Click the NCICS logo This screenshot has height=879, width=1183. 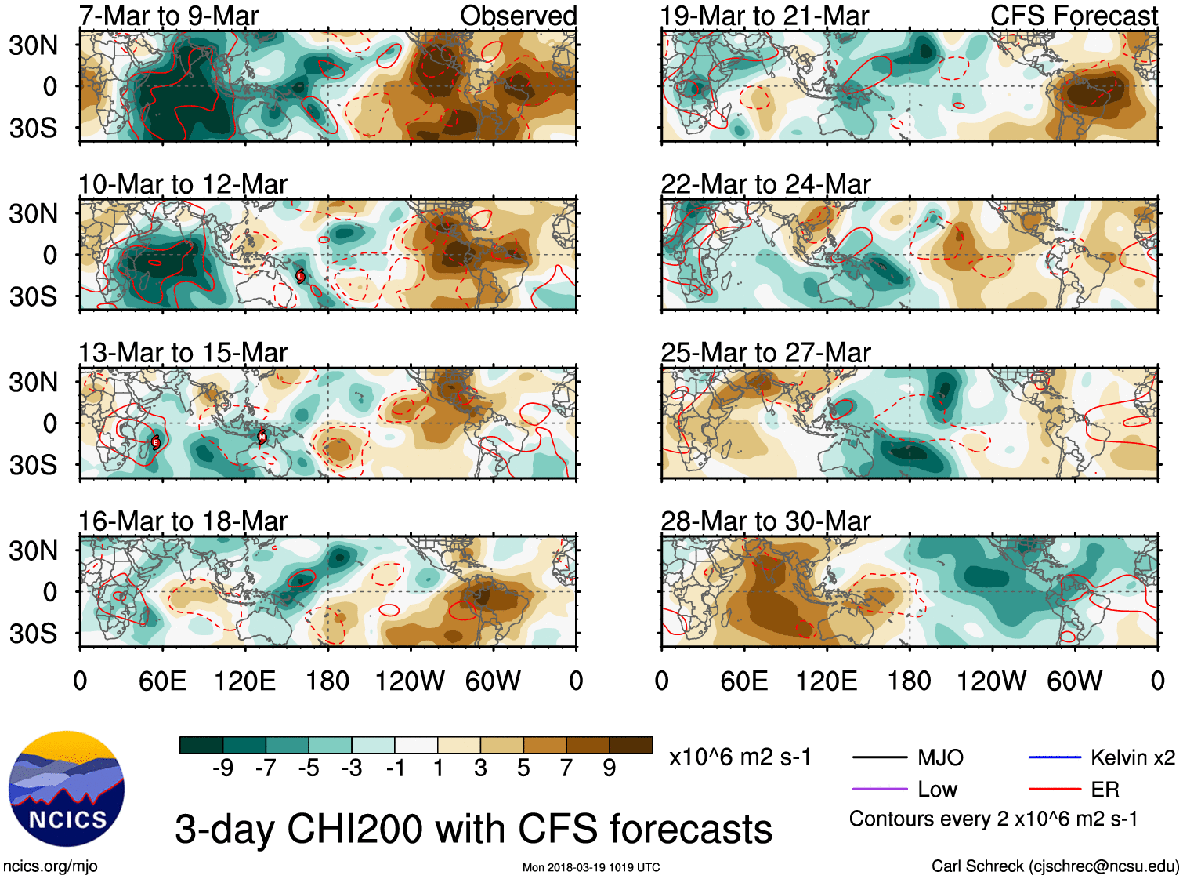(67, 789)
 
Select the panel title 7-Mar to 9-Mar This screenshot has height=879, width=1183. (168, 16)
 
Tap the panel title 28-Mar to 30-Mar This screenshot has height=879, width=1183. (765, 521)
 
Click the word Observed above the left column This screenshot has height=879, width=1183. (518, 16)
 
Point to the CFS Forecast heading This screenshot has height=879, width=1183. (1073, 16)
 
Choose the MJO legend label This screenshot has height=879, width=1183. (940, 757)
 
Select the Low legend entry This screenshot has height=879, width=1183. (937, 790)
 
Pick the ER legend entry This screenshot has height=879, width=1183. (1105, 790)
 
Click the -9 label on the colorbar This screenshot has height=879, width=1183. (222, 768)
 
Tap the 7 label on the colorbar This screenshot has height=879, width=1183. (566, 768)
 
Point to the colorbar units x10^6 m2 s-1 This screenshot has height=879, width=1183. (740, 757)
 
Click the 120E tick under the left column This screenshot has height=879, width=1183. (245, 681)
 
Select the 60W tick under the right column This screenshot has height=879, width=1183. (1074, 681)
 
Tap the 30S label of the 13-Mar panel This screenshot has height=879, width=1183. (33, 465)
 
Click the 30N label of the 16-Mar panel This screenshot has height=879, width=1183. (33, 550)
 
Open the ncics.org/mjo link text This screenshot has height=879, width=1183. (50, 866)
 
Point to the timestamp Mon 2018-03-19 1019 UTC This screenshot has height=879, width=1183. (591, 867)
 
